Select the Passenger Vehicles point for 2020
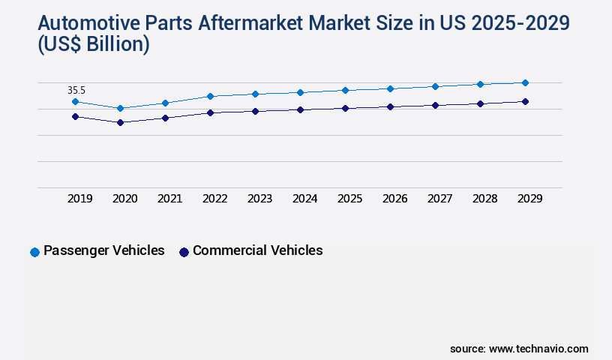pos(120,108)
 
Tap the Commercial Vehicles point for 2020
pos(120,122)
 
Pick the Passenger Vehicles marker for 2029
pos(525,82)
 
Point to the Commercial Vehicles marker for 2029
pos(525,101)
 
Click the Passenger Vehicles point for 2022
pos(210,96)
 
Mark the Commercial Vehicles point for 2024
pos(300,109)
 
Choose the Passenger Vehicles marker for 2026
pos(390,88)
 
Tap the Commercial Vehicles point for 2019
pos(75,116)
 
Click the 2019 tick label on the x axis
pos(79,199)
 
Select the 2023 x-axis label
pos(259,199)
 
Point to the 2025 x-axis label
pos(349,199)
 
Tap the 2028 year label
pos(484,199)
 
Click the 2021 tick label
pos(169,199)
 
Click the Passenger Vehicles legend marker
pos(34,252)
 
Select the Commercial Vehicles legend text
pos(257,250)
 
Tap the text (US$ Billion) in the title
pos(94,46)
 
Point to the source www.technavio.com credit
pos(519,349)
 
